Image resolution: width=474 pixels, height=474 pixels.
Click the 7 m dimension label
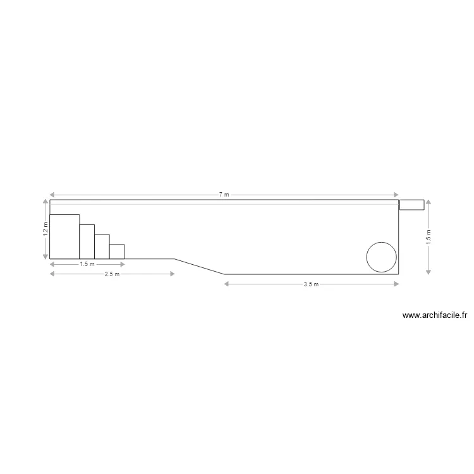click(x=224, y=195)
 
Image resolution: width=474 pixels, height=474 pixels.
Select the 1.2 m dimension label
click(x=46, y=229)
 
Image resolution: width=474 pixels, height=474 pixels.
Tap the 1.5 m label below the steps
click(x=87, y=264)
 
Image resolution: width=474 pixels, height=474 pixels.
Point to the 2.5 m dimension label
click(x=112, y=274)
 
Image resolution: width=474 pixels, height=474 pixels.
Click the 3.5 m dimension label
click(x=311, y=284)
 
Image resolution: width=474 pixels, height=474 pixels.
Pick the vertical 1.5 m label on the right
click(x=428, y=237)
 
